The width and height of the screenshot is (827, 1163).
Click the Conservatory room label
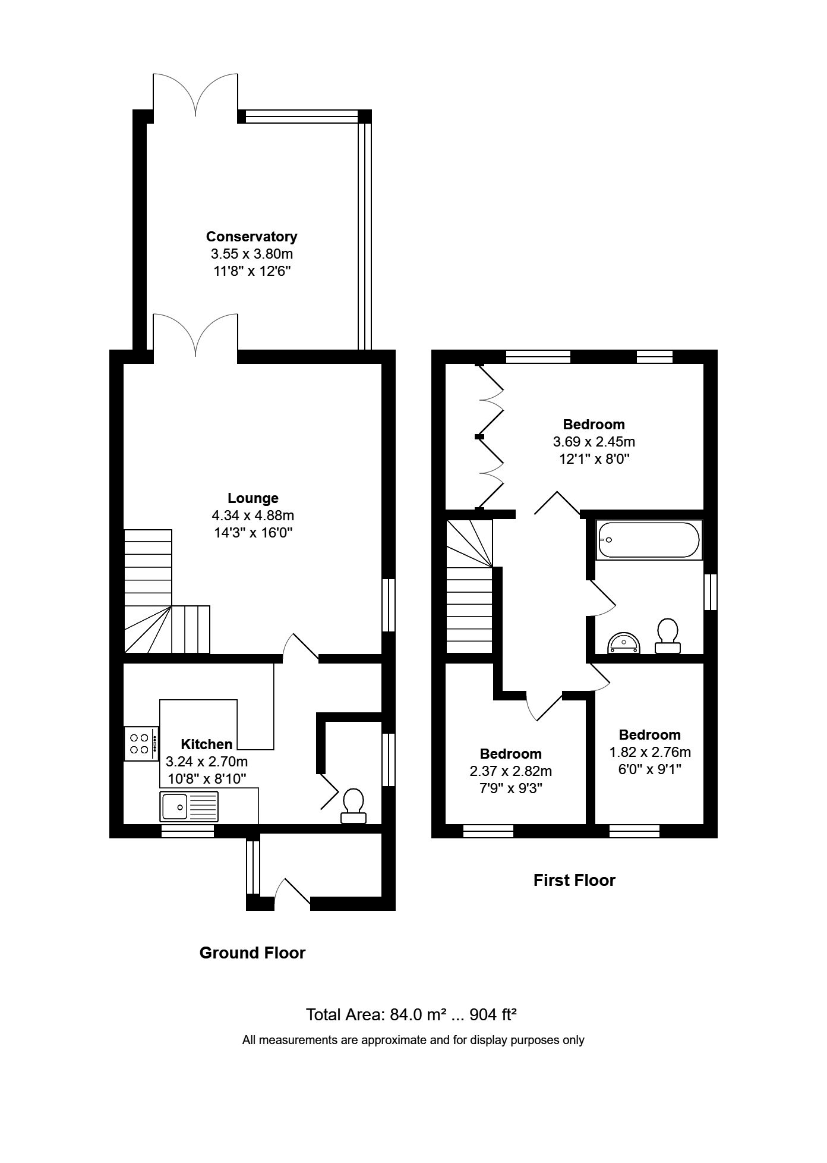coord(251,236)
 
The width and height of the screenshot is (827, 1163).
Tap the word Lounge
coord(253,498)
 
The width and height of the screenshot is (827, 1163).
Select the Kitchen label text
coord(207,744)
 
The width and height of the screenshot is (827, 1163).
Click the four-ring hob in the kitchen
coord(141,744)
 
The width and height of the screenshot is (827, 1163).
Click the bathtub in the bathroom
coord(648,540)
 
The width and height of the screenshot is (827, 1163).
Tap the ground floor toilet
coord(353,806)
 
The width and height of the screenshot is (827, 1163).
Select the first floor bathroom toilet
coord(668,636)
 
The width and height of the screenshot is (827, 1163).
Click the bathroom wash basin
coord(623,642)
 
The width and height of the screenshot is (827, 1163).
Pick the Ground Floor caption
coord(252,953)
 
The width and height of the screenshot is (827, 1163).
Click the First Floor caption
coord(575,880)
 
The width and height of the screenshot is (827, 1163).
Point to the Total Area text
coord(411,1014)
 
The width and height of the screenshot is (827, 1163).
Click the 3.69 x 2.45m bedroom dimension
coord(594,442)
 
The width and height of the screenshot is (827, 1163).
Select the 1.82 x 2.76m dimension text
coord(650,752)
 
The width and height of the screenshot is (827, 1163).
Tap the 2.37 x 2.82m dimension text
coord(511,771)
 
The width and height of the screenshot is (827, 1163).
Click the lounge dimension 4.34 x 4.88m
coord(254,516)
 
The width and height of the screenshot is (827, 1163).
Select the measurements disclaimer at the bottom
coord(414,1040)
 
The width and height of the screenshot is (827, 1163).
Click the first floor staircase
coord(469,586)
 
